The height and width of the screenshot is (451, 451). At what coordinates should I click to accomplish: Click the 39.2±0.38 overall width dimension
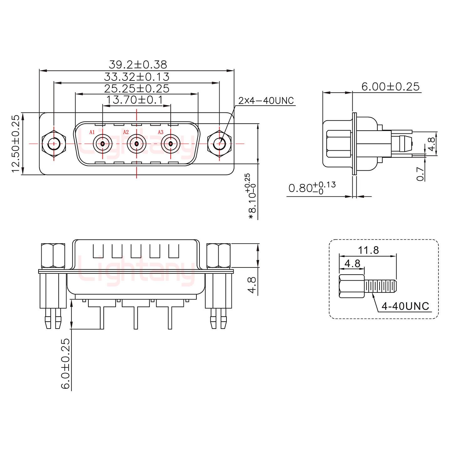(x=138, y=65)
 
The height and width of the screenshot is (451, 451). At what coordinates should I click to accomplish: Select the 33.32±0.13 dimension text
(x=137, y=77)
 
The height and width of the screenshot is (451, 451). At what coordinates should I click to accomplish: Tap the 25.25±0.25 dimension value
(x=137, y=89)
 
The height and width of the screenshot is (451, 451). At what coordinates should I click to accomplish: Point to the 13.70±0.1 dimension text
(x=135, y=100)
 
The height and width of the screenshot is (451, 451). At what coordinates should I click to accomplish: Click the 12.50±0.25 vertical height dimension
(x=16, y=143)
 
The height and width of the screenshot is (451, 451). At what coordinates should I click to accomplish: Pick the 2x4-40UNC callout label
(x=266, y=101)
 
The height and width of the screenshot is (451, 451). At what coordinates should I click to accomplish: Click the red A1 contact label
(x=92, y=132)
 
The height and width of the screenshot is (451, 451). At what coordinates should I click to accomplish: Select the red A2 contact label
(x=126, y=132)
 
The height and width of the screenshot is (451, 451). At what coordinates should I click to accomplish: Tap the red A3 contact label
(x=160, y=132)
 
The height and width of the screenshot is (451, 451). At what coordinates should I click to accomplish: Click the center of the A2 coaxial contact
(x=137, y=144)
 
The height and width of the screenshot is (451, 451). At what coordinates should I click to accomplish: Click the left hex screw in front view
(x=54, y=144)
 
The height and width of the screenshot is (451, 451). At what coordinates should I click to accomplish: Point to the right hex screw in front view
(x=219, y=144)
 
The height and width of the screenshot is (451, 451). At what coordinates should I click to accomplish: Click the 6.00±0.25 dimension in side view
(x=390, y=86)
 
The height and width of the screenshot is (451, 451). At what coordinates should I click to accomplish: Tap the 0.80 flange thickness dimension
(x=312, y=188)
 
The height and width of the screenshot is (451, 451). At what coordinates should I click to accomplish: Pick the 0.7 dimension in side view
(x=421, y=174)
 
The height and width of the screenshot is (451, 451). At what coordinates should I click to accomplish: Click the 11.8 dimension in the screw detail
(x=368, y=250)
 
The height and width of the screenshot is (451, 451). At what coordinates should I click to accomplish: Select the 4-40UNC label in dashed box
(x=405, y=306)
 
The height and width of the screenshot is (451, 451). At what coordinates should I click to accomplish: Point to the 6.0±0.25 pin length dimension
(x=65, y=363)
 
